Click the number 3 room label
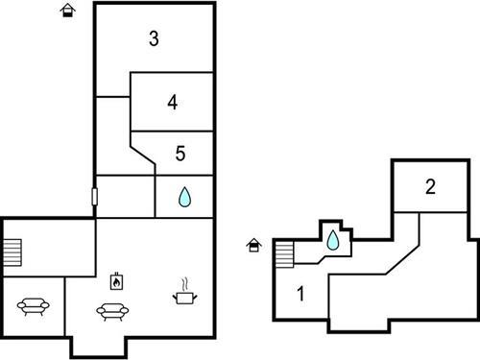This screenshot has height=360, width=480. (x=154, y=39)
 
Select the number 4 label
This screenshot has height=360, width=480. (x=172, y=103)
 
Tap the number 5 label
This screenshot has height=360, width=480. (x=180, y=152)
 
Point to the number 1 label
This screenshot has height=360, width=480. (x=300, y=294)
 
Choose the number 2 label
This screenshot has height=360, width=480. (x=431, y=187)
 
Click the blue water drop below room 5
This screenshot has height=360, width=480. (x=184, y=197)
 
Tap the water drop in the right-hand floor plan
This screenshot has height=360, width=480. (x=332, y=241)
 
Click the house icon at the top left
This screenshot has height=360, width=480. (x=67, y=11)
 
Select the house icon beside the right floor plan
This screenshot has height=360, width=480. (x=254, y=246)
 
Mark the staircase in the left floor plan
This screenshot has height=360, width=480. (x=11, y=252)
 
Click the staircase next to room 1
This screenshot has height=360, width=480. (x=283, y=255)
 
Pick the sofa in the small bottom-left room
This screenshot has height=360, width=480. (x=34, y=307)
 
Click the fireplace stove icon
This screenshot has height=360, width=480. (x=115, y=282)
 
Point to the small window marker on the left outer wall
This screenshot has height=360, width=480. (x=94, y=197)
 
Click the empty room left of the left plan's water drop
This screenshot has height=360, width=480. (x=126, y=197)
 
